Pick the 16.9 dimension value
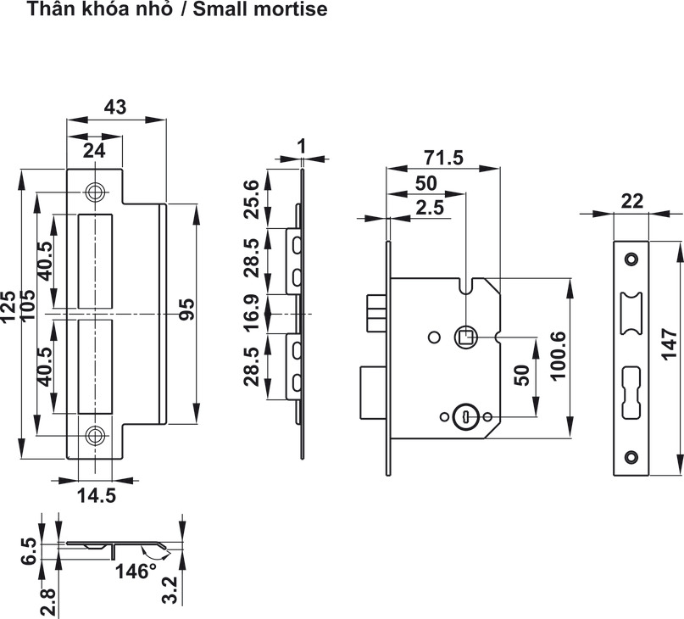pyautogui.click(x=252, y=314)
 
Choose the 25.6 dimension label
pyautogui.click(x=252, y=199)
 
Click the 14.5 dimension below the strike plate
pyautogui.click(x=94, y=495)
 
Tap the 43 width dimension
pyautogui.click(x=114, y=107)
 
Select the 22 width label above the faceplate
pyautogui.click(x=631, y=201)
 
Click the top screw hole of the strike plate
pyautogui.click(x=95, y=192)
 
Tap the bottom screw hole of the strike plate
pyautogui.click(x=95, y=436)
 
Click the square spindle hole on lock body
pyautogui.click(x=465, y=337)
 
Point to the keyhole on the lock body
pyautogui.click(x=465, y=416)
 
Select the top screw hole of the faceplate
pyautogui.click(x=631, y=258)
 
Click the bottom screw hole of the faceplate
pyautogui.click(x=631, y=457)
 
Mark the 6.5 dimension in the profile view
pyautogui.click(x=28, y=551)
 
